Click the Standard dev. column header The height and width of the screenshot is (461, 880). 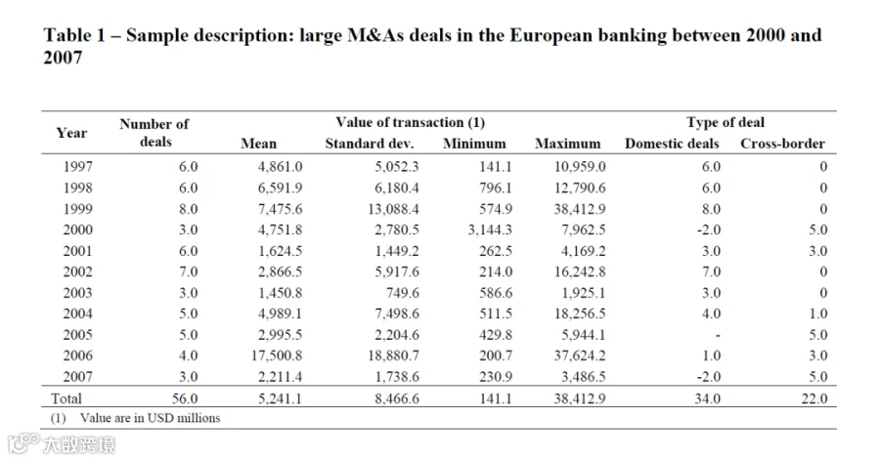click(x=370, y=144)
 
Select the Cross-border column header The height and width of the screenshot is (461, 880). click(x=782, y=144)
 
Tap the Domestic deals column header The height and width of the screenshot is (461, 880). click(x=672, y=144)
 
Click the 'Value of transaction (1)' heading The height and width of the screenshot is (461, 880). click(x=411, y=122)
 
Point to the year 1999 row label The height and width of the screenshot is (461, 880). click(x=77, y=209)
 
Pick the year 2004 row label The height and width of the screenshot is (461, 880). click(x=77, y=314)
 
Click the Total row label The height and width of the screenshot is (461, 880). click(x=66, y=398)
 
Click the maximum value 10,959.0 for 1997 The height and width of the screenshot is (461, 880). click(x=580, y=167)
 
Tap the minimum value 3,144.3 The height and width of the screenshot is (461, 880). click(x=490, y=230)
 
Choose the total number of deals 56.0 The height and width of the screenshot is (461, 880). click(x=185, y=398)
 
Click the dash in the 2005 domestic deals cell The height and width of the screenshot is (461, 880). click(x=718, y=336)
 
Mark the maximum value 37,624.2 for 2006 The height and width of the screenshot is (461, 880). click(x=580, y=356)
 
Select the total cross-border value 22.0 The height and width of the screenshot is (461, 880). click(x=814, y=398)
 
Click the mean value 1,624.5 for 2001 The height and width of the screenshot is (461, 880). click(x=280, y=251)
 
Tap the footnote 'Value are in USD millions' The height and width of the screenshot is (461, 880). click(x=150, y=418)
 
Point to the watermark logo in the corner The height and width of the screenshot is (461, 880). click(x=62, y=444)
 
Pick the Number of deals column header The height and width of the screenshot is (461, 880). click(x=154, y=133)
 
